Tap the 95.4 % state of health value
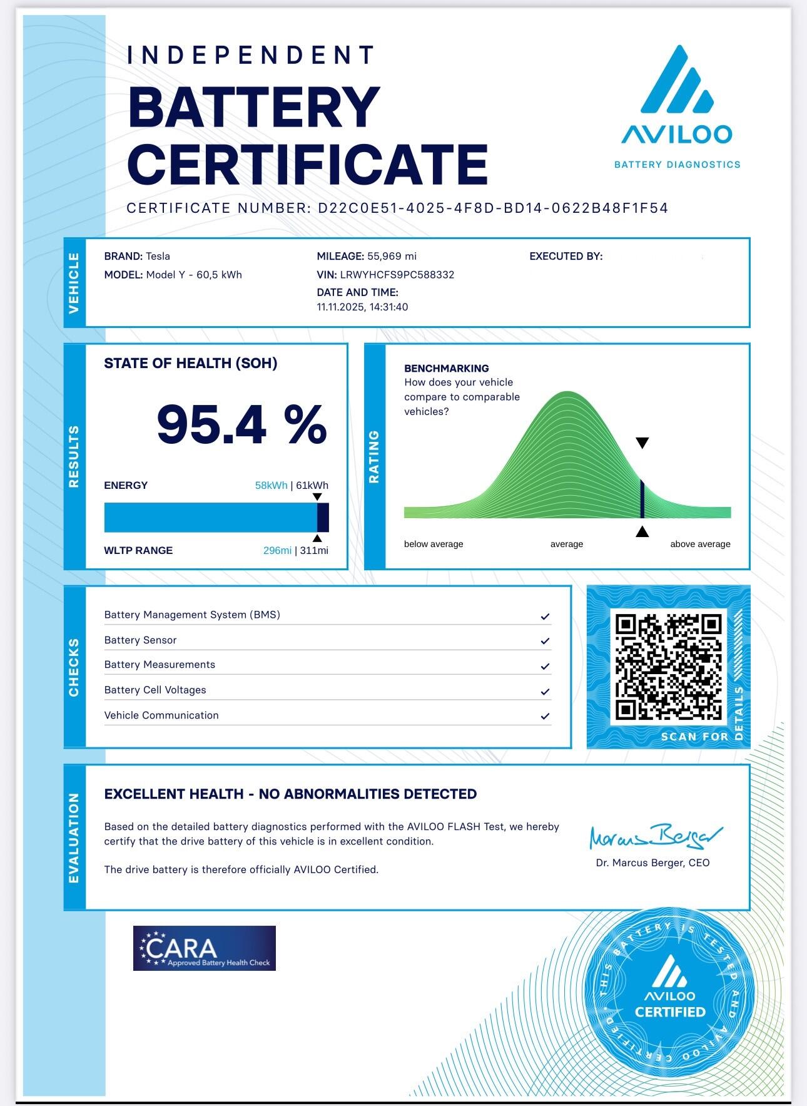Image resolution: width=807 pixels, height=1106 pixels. click(241, 424)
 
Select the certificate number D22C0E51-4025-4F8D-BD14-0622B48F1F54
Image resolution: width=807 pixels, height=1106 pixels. click(493, 208)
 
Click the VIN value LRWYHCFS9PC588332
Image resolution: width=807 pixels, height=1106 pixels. click(397, 275)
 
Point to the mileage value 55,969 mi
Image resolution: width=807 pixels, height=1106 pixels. click(392, 256)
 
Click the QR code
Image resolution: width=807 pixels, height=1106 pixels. click(669, 667)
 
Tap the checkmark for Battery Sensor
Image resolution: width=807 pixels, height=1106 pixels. click(545, 641)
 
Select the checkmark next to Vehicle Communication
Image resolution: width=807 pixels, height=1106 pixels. click(545, 716)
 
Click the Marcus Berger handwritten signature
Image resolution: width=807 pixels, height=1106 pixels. click(655, 836)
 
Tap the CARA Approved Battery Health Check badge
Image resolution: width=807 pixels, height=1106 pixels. click(204, 948)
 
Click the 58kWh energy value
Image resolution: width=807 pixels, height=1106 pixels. click(271, 486)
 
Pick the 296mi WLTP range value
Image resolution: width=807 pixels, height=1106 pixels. click(277, 551)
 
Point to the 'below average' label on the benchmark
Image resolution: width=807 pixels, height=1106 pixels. click(434, 544)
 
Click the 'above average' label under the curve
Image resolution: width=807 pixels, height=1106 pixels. click(700, 544)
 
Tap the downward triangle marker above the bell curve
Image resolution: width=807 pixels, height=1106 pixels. click(642, 443)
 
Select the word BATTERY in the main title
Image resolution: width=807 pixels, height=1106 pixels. click(254, 108)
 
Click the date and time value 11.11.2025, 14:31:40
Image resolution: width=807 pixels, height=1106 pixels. click(362, 307)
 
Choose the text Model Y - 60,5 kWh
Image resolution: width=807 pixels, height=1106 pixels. click(194, 275)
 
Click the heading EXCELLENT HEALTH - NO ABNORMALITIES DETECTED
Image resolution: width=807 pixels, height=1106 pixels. click(290, 794)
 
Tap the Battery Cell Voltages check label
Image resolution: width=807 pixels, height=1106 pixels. click(155, 690)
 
